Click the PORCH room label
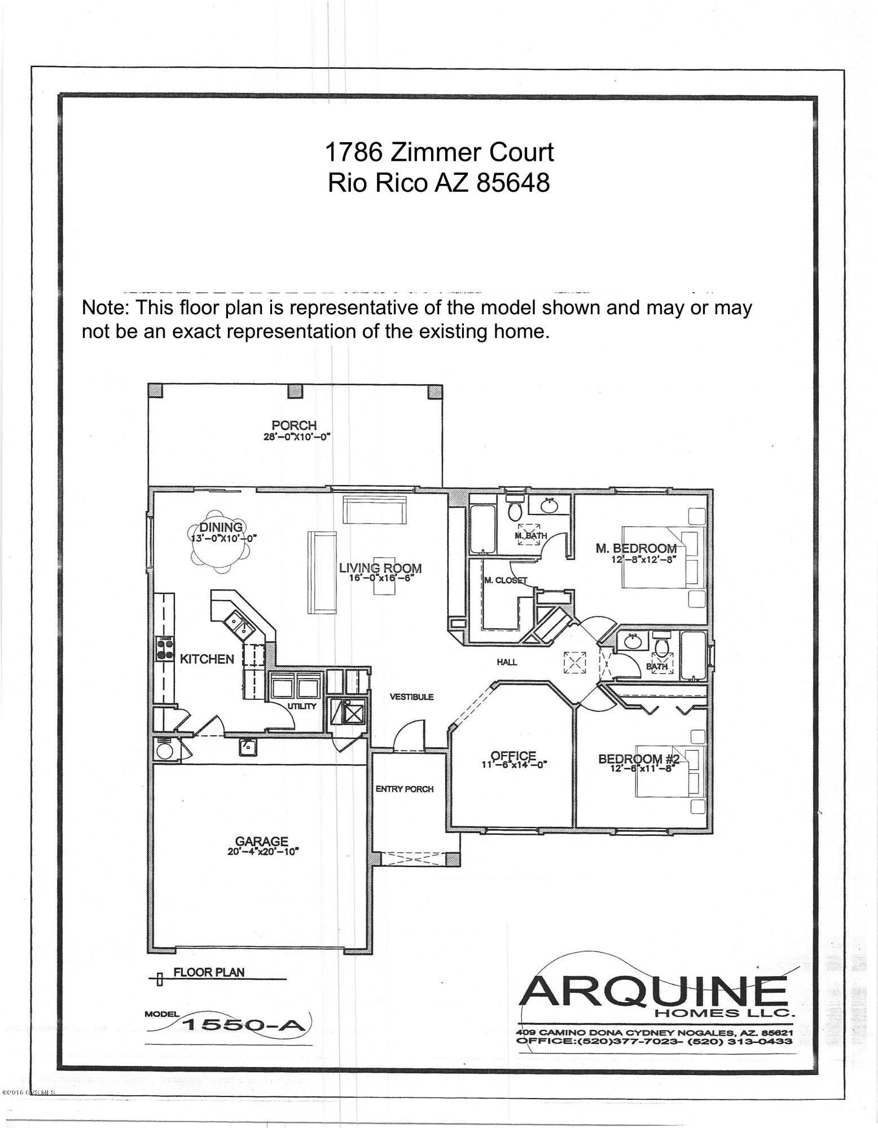click(x=294, y=425)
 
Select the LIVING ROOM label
click(x=380, y=568)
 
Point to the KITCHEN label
click(x=207, y=659)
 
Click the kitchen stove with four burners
click(x=164, y=648)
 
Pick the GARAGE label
click(x=262, y=841)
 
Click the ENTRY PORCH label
click(x=405, y=788)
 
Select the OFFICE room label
click(x=513, y=755)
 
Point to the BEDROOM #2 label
click(x=639, y=759)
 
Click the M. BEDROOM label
click(x=636, y=548)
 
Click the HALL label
click(x=507, y=662)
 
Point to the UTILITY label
click(x=302, y=706)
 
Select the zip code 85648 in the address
click(x=513, y=183)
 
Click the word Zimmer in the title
click(x=427, y=152)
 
